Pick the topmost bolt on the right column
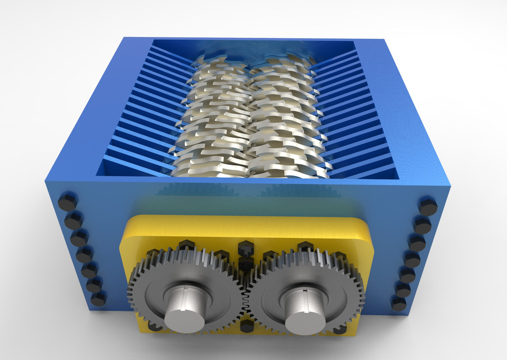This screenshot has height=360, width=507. pyautogui.click(x=428, y=206)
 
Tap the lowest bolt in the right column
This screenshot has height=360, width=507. pyautogui.click(x=398, y=303)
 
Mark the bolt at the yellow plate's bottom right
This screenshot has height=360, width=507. pyautogui.click(x=339, y=330)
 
